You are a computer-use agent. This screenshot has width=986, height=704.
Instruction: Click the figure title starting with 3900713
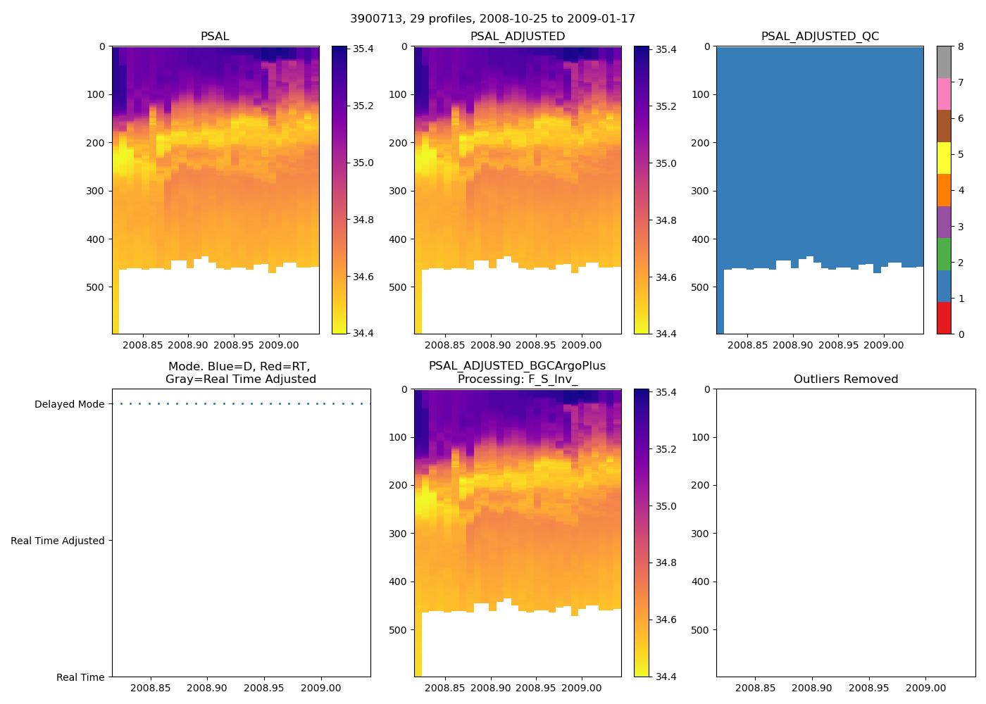(x=492, y=18)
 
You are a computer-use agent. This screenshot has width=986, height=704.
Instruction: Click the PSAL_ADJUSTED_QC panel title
(x=820, y=37)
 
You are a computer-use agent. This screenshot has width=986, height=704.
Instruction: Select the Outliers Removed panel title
(x=845, y=379)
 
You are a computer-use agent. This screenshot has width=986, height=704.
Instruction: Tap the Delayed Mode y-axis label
(x=69, y=404)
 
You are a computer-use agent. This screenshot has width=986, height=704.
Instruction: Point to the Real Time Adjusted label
(x=57, y=541)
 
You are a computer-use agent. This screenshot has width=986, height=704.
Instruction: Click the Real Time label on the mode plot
(x=80, y=677)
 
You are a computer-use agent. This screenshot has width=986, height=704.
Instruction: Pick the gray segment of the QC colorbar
(x=944, y=62)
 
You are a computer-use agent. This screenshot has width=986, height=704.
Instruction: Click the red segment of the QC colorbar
(x=944, y=318)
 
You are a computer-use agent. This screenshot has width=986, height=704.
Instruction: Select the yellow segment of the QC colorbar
(x=944, y=158)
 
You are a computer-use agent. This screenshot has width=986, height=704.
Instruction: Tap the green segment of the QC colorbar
(x=944, y=253)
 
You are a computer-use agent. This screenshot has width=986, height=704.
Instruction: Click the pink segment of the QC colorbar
(x=944, y=94)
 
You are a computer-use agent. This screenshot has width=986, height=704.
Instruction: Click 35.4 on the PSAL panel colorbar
(x=363, y=49)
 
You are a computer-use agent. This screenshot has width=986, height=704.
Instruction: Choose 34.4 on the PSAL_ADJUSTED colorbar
(x=666, y=334)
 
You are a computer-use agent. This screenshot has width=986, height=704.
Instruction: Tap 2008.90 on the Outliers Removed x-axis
(x=812, y=688)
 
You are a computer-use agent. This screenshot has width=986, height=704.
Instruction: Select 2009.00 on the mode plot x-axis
(x=321, y=688)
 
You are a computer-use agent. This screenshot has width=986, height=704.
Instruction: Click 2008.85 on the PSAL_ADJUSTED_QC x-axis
(x=747, y=345)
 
